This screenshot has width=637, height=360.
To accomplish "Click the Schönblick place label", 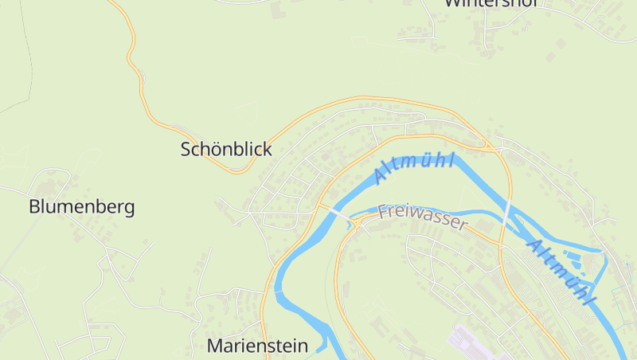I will (x=226, y=149).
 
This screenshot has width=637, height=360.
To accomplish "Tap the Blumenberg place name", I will (x=81, y=207).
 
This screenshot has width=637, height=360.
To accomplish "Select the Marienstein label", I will (x=257, y=346).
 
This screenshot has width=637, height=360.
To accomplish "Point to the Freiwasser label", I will (x=422, y=216).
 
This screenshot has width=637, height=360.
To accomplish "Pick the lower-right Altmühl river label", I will (x=562, y=272).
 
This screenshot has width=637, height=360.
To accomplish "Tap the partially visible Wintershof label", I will (x=492, y=3).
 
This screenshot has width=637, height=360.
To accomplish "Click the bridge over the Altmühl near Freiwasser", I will (x=334, y=213).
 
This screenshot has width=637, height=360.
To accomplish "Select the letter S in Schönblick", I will (x=186, y=149).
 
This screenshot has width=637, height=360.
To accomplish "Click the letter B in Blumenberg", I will (x=35, y=207).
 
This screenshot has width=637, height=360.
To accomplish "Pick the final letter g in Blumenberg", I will (x=128, y=209).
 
